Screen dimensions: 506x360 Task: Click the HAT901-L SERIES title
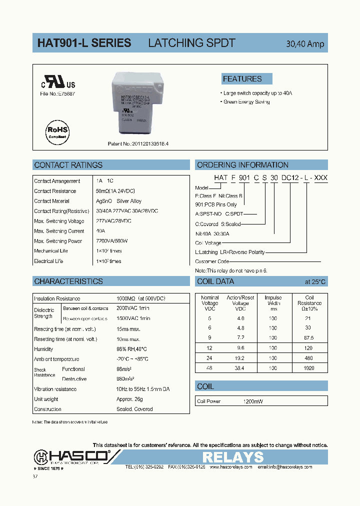pyautogui.click(x=84, y=43)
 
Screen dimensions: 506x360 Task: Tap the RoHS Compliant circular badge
pyautogui.click(x=58, y=132)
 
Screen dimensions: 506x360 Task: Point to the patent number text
pyautogui.click(x=138, y=144)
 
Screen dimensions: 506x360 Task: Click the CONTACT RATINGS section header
pyautogui.click(x=68, y=165)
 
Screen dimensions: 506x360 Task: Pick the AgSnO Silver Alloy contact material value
pyautogui.click(x=118, y=201)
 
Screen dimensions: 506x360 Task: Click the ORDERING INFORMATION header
pyautogui.click(x=242, y=165)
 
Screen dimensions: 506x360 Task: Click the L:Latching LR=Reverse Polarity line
pyautogui.click(x=230, y=252)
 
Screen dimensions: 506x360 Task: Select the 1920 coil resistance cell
pyautogui.click(x=309, y=368)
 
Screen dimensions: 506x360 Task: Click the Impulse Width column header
pyautogui.click(x=273, y=303)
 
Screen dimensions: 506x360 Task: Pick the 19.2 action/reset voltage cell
pyautogui.click(x=240, y=358)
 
